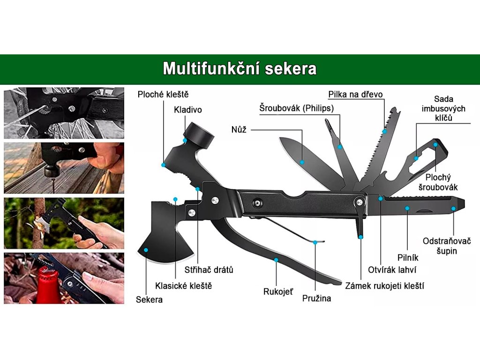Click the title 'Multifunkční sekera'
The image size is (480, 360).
240,69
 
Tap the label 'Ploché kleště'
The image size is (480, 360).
163,94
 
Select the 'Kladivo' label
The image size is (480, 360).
187,110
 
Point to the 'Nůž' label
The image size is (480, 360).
239,129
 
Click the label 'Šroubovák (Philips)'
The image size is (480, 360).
297,108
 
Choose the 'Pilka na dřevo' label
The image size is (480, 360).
355,94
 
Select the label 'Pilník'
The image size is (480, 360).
408,257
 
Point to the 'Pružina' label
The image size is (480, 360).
316,298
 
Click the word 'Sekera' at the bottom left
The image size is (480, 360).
150,299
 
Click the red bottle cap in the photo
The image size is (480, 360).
47,281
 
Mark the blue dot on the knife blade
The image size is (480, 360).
302,162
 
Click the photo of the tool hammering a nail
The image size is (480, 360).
64,168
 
